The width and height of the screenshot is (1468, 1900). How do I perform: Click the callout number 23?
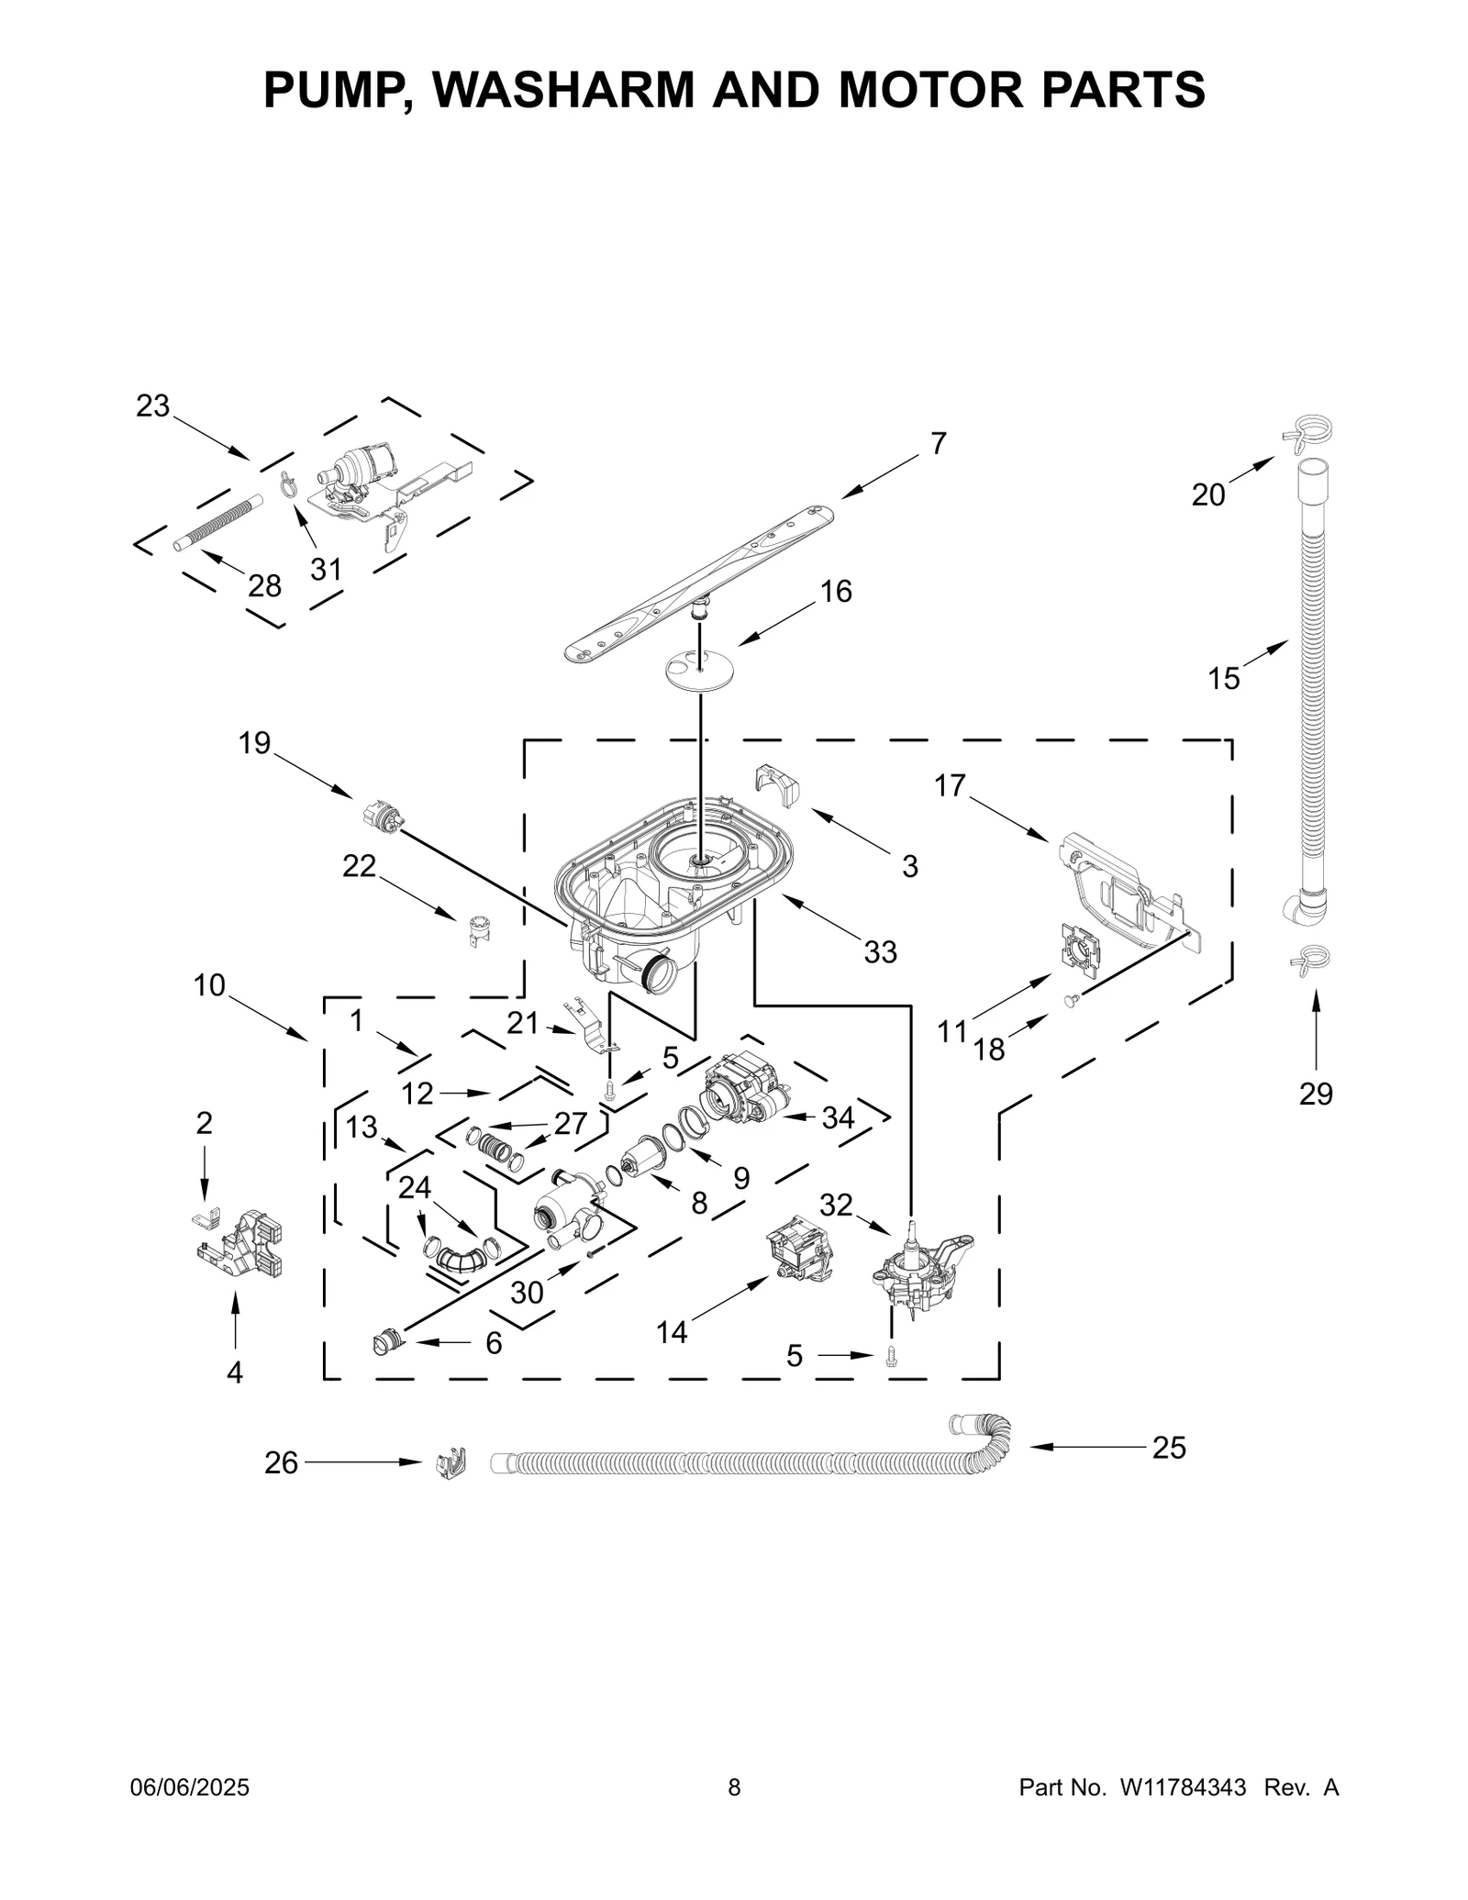coord(153,406)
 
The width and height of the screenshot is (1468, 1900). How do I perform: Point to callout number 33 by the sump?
coord(880,952)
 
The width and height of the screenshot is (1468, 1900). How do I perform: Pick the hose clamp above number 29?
coord(1309,959)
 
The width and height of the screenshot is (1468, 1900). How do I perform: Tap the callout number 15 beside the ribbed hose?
coord(1223,679)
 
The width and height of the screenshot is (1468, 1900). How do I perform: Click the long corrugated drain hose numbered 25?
coord(734,1461)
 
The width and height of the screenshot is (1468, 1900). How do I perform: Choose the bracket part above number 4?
coord(243,1243)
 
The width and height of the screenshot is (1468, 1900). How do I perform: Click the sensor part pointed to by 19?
coord(384,814)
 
